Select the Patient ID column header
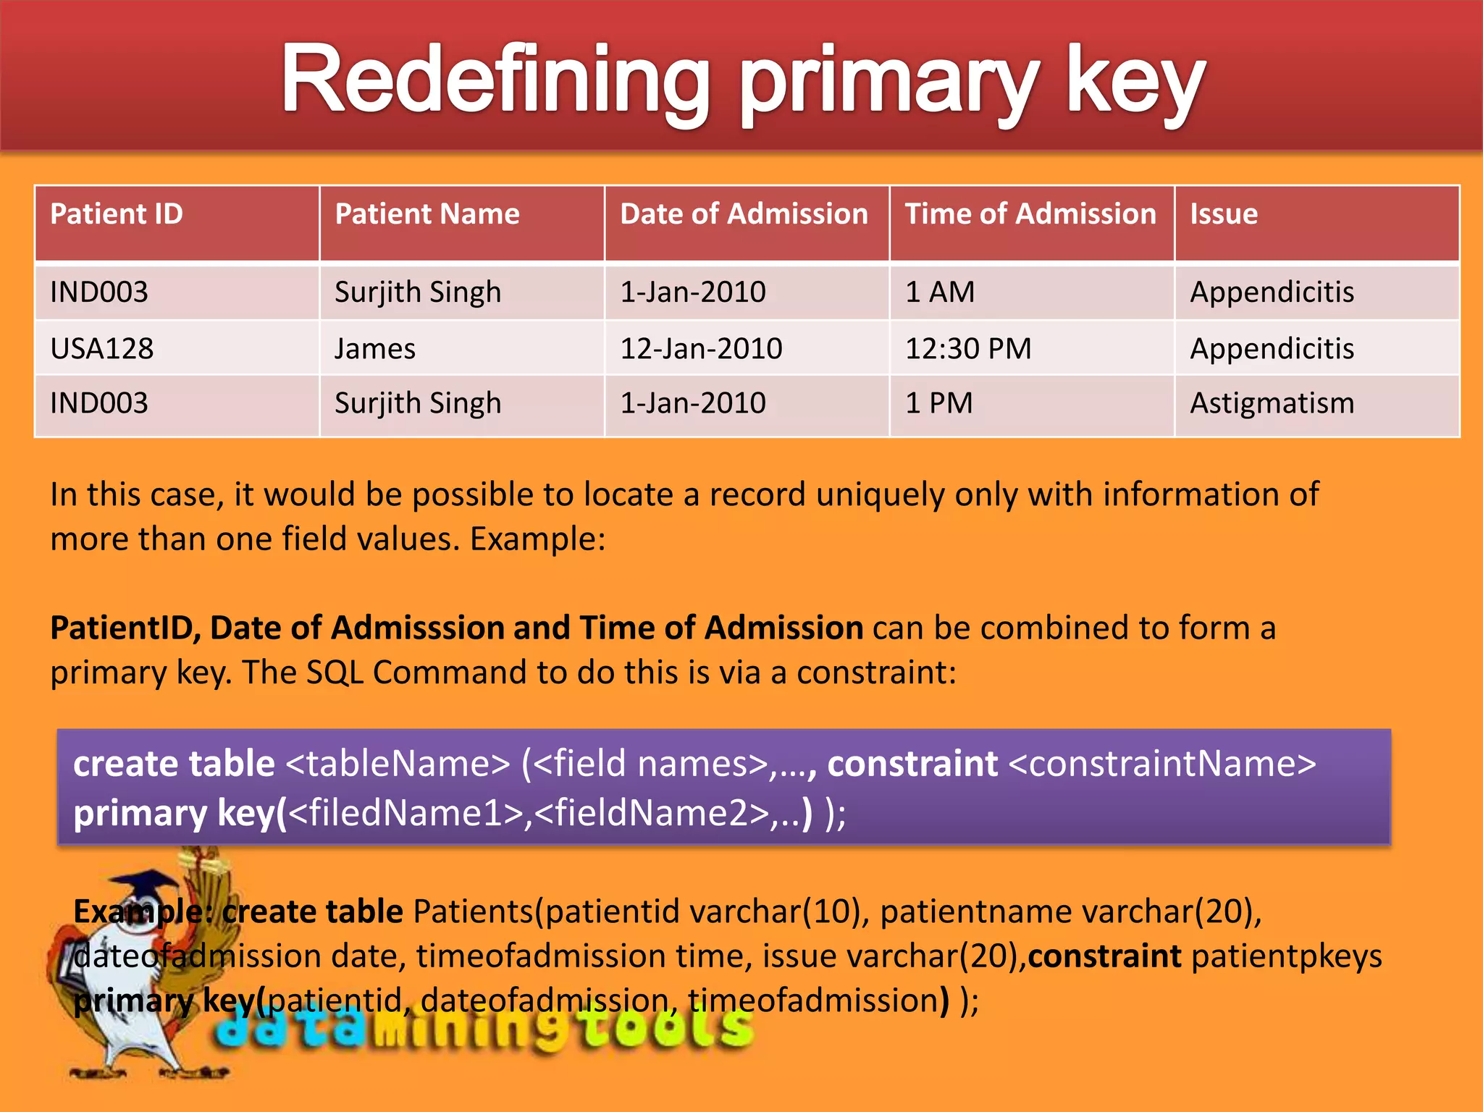click(x=117, y=214)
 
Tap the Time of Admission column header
click(x=1030, y=214)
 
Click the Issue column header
click(x=1224, y=214)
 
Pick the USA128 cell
click(x=102, y=349)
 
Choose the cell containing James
click(x=375, y=349)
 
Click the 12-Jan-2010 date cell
click(x=701, y=349)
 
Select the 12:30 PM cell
click(x=968, y=349)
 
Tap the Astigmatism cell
click(x=1272, y=403)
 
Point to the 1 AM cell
click(x=940, y=292)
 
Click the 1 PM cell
click(x=939, y=403)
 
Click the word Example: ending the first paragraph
click(x=537, y=539)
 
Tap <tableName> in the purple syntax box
click(x=398, y=764)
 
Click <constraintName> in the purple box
click(x=1161, y=764)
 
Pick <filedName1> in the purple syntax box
click(x=406, y=813)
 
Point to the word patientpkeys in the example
click(x=1286, y=956)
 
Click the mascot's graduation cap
click(x=148, y=887)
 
